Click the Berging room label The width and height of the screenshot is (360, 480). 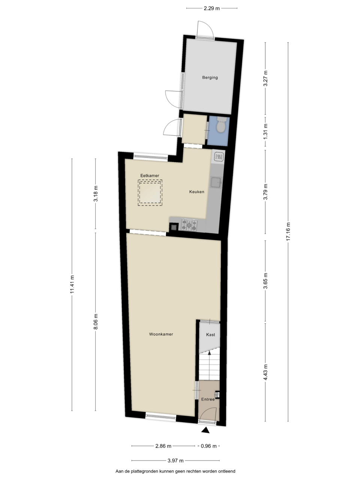(x=210, y=77)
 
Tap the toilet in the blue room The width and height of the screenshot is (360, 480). (x=221, y=124)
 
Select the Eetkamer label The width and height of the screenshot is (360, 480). (x=150, y=175)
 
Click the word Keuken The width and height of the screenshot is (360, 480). (x=197, y=192)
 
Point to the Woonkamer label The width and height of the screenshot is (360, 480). (x=161, y=334)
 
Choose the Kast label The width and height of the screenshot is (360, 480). (x=210, y=334)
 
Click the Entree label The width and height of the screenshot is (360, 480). (x=208, y=399)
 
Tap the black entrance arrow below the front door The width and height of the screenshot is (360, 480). (x=205, y=430)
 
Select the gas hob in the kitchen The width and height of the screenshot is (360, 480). (x=189, y=225)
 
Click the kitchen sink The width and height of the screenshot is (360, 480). (x=216, y=182)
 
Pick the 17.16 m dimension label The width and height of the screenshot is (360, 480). (x=288, y=232)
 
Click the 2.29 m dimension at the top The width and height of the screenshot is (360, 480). (x=211, y=9)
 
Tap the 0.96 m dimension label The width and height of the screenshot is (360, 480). (x=209, y=446)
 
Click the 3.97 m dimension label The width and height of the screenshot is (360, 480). (x=175, y=461)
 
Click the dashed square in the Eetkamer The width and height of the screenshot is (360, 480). (x=150, y=193)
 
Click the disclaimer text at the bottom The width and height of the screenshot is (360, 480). (x=175, y=471)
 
